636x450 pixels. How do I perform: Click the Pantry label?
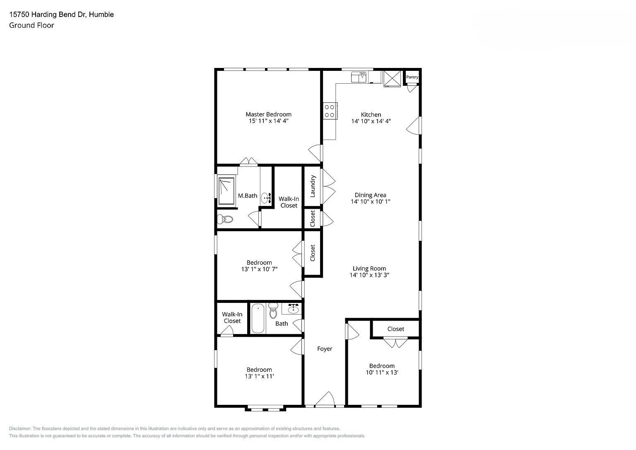pyautogui.click(x=412, y=77)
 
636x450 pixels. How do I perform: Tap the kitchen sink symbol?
pyautogui.click(x=359, y=77)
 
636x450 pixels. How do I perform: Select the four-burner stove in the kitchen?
pyautogui.click(x=330, y=111)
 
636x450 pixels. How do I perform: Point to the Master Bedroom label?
pyautogui.click(x=268, y=114)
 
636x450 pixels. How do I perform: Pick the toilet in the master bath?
pyautogui.click(x=225, y=219)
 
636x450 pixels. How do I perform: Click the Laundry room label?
pyautogui.click(x=313, y=186)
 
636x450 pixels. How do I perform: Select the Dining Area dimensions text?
pyautogui.click(x=371, y=201)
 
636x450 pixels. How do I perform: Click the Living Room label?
pyautogui.click(x=369, y=268)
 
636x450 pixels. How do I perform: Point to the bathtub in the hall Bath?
pyautogui.click(x=258, y=318)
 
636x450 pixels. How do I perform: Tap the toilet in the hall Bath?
pyautogui.click(x=273, y=311)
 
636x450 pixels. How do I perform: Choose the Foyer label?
pyautogui.click(x=325, y=348)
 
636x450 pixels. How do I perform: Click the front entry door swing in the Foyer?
pyautogui.click(x=325, y=398)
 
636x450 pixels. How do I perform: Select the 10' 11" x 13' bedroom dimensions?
pyautogui.click(x=382, y=373)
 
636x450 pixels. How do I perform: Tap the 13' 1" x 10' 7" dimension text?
pyautogui.click(x=259, y=269)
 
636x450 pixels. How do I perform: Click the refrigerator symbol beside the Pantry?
pyautogui.click(x=392, y=79)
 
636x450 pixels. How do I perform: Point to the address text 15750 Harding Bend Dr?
pyautogui.click(x=48, y=15)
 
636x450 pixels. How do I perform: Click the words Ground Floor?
pyautogui.click(x=31, y=25)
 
